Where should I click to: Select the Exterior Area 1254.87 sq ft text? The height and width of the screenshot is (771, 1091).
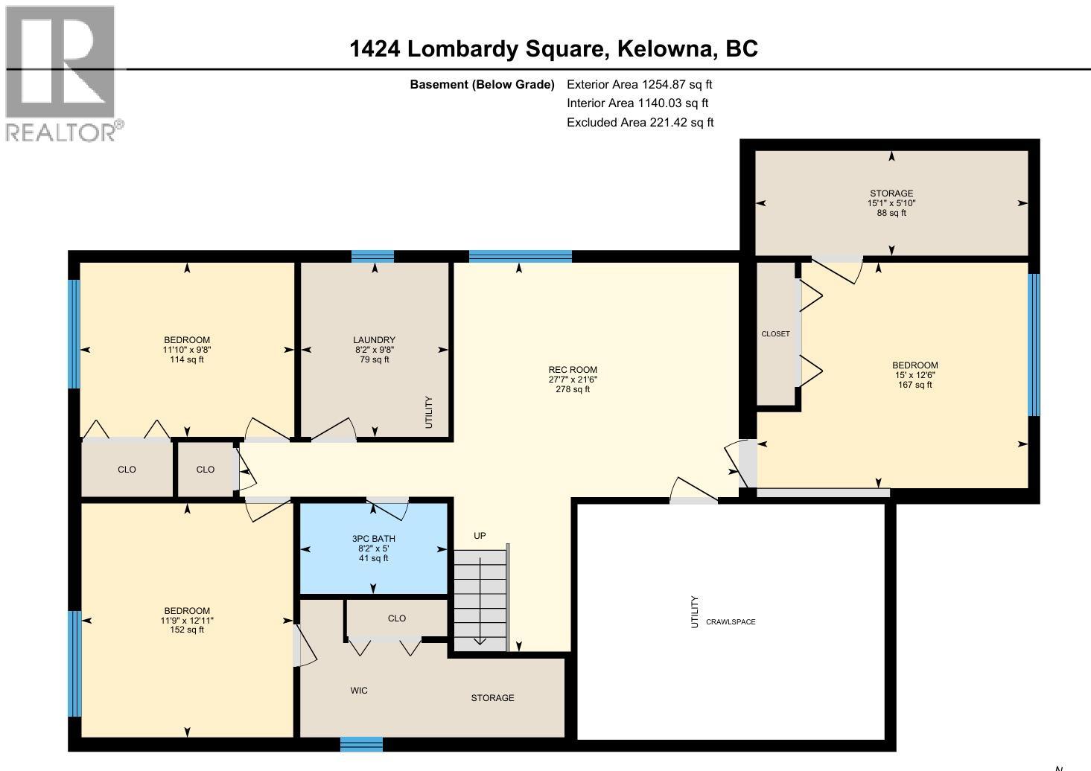[x=639, y=85]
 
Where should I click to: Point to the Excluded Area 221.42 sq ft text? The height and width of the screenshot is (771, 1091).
[x=640, y=123]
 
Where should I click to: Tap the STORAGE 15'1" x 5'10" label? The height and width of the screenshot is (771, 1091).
[x=891, y=203]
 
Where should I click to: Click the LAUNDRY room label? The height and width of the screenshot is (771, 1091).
[x=374, y=350]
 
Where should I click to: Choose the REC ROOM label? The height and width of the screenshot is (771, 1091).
[x=573, y=380]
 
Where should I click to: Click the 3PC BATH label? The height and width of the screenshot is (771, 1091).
[x=374, y=548]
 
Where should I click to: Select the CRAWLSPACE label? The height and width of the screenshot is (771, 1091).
[x=731, y=622]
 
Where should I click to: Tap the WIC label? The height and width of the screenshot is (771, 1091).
[x=359, y=691]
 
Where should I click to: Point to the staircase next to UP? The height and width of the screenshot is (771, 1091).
[x=480, y=599]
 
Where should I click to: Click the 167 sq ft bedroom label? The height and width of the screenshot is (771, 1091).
[x=915, y=375]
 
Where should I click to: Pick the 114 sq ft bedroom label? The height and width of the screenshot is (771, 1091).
[x=186, y=350]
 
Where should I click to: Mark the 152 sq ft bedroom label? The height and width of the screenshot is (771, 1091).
[x=186, y=620]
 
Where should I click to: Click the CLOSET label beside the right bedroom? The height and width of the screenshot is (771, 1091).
[x=775, y=334]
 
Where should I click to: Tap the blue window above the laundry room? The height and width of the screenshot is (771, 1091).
[x=372, y=257]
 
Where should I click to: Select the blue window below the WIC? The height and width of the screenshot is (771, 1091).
[x=361, y=744]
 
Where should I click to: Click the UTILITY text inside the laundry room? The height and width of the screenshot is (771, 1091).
[x=428, y=412]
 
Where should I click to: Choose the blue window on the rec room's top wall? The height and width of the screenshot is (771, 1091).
[x=520, y=257]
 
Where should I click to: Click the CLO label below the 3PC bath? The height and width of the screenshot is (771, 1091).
[x=397, y=618]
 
